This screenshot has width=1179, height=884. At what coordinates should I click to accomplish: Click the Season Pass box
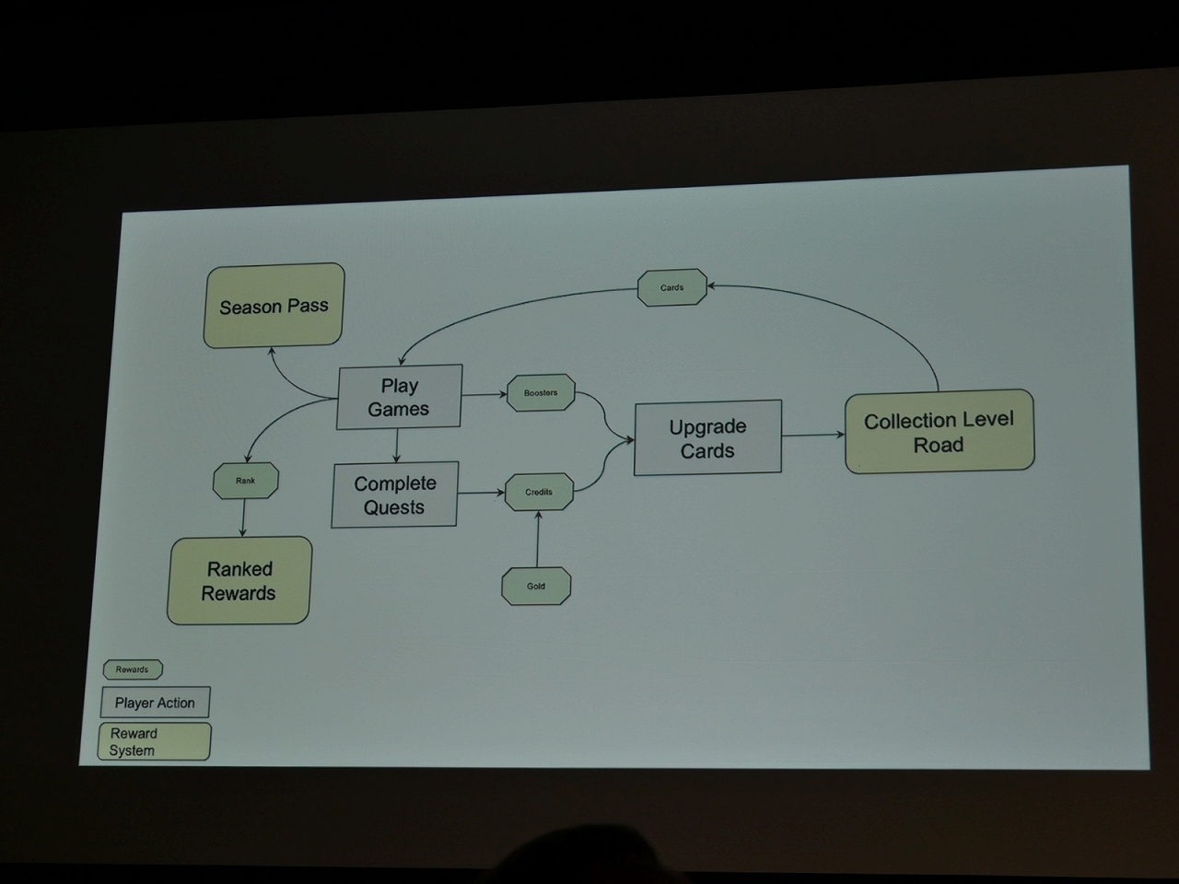[x=274, y=306]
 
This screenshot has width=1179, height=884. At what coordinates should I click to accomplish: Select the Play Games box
[x=399, y=397]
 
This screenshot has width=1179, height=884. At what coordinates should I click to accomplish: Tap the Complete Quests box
[x=394, y=494]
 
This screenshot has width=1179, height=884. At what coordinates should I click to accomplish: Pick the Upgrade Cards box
[x=707, y=437]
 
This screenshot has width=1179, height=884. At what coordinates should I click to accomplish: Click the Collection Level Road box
[x=939, y=431]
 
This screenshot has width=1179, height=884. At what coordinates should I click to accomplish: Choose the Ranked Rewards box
[x=239, y=580]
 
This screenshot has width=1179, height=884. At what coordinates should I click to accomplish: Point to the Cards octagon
[x=671, y=287]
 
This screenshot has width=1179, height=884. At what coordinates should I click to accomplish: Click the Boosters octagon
[x=541, y=392]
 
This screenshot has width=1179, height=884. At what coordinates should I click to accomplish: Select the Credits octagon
[x=539, y=492]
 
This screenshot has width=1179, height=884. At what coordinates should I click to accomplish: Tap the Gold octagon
[x=536, y=586]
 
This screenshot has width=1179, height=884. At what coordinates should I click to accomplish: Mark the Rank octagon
[x=245, y=480]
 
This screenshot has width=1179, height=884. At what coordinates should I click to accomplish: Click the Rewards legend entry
[x=132, y=669]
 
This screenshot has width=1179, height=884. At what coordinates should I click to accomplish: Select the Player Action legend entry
[x=155, y=703]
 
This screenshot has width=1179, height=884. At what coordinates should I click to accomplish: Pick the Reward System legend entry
[x=154, y=741]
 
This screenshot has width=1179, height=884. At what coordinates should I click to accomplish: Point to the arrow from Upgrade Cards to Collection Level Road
[x=812, y=435]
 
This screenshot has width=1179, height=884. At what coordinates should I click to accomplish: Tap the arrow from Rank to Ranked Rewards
[x=243, y=518]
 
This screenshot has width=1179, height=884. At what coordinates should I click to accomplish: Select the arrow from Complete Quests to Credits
[x=481, y=493]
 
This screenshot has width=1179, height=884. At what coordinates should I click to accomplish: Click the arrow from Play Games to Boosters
[x=484, y=394]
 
